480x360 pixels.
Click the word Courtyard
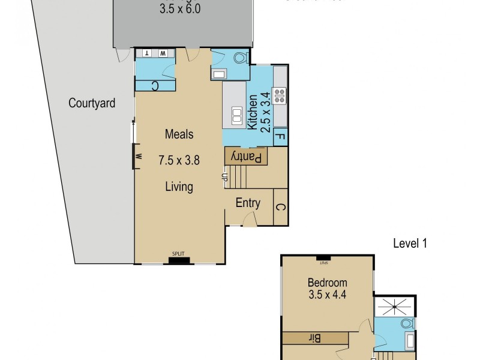(92, 103)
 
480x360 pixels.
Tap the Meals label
(179, 134)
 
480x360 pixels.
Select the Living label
(179, 187)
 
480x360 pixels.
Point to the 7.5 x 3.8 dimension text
(179, 160)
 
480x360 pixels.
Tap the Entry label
(248, 203)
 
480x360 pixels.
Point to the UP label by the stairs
(224, 177)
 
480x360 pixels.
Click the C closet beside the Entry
(280, 207)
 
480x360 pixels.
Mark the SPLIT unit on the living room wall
(178, 260)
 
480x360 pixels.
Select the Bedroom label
(327, 283)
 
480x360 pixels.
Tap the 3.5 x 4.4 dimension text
(327, 295)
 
